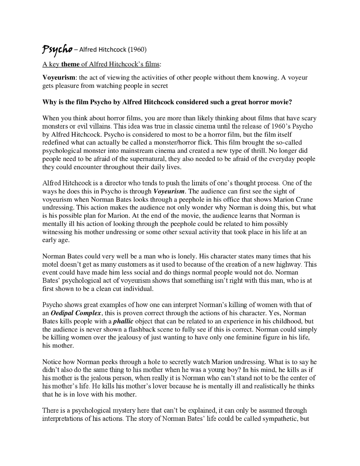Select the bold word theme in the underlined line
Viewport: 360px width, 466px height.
coord(70,64)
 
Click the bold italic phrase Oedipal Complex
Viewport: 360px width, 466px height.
coord(76,313)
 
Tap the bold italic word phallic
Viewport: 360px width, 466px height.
coord(123,321)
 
